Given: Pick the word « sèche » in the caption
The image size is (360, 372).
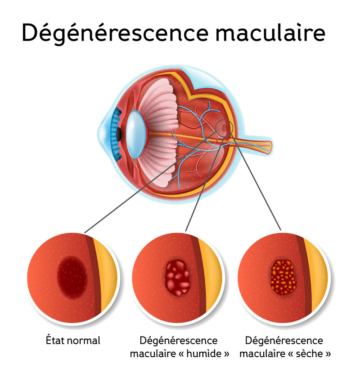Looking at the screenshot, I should [x=310, y=354].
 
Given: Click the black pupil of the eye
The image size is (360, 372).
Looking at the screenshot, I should [x=120, y=134].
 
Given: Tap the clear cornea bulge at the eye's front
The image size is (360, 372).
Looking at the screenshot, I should [x=102, y=133].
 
